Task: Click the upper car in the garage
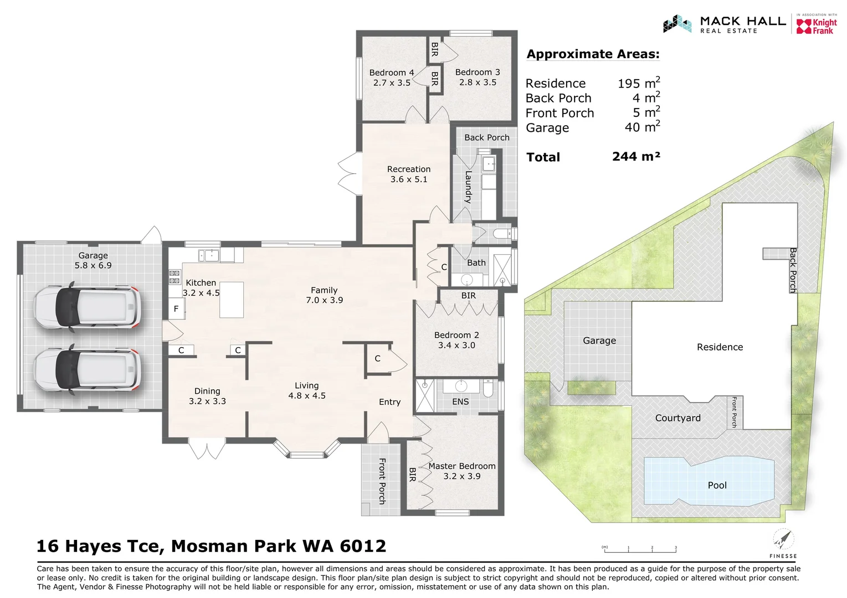coord(86,308)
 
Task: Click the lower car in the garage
coord(86,369)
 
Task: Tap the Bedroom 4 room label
coord(392,78)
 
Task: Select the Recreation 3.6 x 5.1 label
coord(409,174)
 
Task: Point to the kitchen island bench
coord(232,300)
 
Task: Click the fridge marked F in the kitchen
coord(176,309)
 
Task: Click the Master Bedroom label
coord(461,471)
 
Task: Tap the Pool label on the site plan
coord(717,485)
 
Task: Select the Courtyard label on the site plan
coord(677,418)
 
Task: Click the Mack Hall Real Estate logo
coord(725,24)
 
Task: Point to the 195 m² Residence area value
coord(638,83)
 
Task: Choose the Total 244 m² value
coord(636,157)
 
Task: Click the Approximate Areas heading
coord(593,54)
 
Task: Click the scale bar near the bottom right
coord(640,549)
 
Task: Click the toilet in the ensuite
coord(488,389)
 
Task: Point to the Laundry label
coord(468,187)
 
